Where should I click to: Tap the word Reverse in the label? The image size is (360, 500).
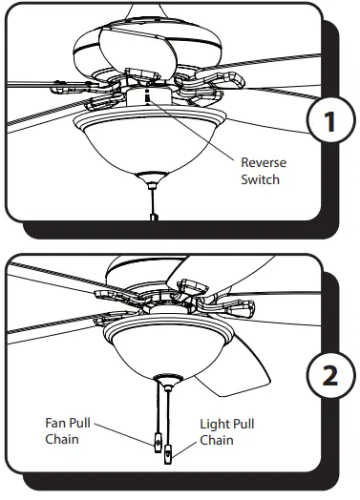click(x=264, y=163)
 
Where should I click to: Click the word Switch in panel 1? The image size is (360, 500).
click(x=261, y=179)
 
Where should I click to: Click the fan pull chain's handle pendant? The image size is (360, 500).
click(x=155, y=446)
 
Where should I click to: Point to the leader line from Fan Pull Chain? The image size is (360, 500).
click(x=124, y=434)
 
